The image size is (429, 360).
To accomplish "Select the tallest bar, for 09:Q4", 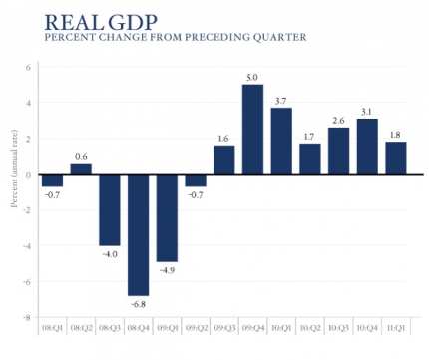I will click(x=252, y=130).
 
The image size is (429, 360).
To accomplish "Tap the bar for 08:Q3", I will click(x=109, y=209).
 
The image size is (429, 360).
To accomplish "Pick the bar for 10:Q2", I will click(x=310, y=160).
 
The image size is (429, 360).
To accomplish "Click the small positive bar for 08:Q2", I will click(x=80, y=169).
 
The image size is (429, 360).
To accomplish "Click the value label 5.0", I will click(x=252, y=76).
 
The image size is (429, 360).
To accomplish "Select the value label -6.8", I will click(x=137, y=304).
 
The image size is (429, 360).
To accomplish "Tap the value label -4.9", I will click(x=166, y=270).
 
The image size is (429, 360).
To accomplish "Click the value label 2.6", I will click(x=338, y=119).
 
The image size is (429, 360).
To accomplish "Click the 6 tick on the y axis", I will click(x=29, y=67).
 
